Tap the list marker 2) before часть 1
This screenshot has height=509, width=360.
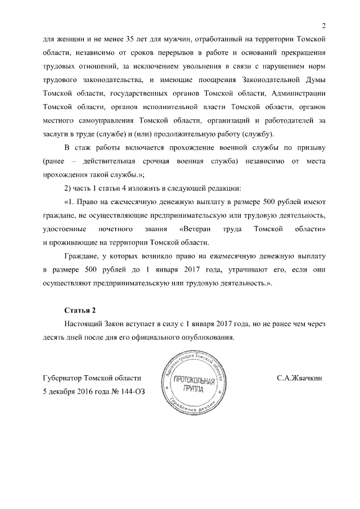coord(69,188)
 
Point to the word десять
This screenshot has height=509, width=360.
coord(54,337)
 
